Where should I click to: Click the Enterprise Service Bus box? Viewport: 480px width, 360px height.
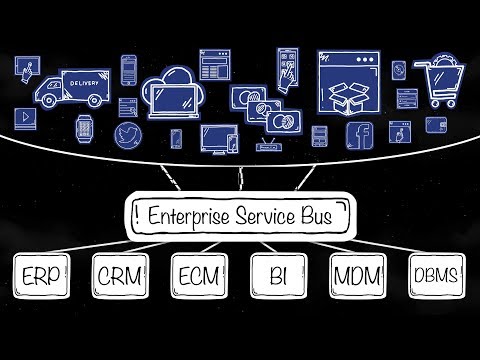coord(239,215)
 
